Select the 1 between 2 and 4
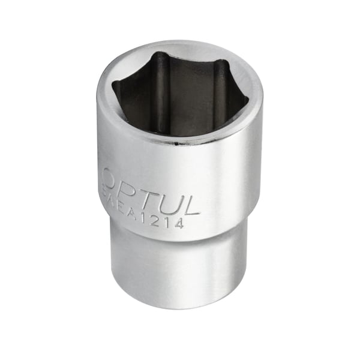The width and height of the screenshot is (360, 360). [x=169, y=222]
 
